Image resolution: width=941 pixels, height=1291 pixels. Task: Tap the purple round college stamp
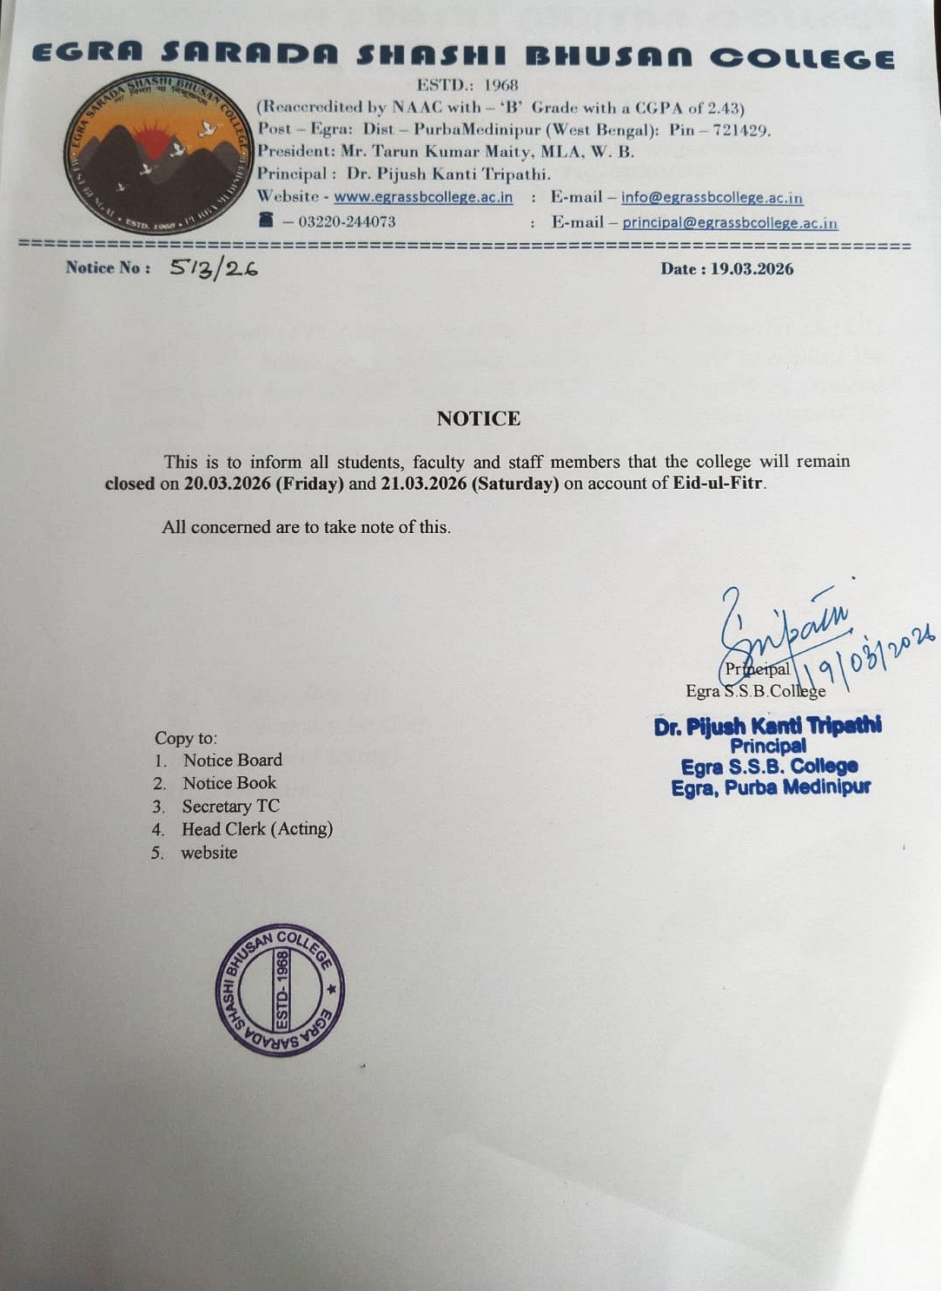click(280, 990)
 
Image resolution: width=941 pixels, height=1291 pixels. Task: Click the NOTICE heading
click(479, 418)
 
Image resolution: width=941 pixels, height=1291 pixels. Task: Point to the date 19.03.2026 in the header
click(752, 269)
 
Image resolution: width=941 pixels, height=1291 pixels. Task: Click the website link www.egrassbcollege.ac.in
click(423, 197)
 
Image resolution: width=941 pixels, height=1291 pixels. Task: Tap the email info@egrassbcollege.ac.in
click(712, 198)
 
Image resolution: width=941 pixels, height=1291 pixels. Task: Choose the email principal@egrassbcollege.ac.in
click(730, 223)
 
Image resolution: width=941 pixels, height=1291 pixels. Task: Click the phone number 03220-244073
click(347, 222)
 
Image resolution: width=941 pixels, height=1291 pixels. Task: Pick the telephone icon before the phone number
click(266, 221)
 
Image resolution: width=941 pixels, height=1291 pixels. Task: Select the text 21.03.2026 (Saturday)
click(470, 484)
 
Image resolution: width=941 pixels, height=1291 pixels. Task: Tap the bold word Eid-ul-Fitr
click(719, 484)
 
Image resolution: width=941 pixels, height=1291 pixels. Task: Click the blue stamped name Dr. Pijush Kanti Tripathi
click(768, 726)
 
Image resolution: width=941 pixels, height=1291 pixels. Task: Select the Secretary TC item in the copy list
click(230, 807)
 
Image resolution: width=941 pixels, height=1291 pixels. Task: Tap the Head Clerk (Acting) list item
click(257, 829)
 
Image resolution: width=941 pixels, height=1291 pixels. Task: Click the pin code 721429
click(739, 130)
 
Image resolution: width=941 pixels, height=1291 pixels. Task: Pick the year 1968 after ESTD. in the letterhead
click(500, 85)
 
